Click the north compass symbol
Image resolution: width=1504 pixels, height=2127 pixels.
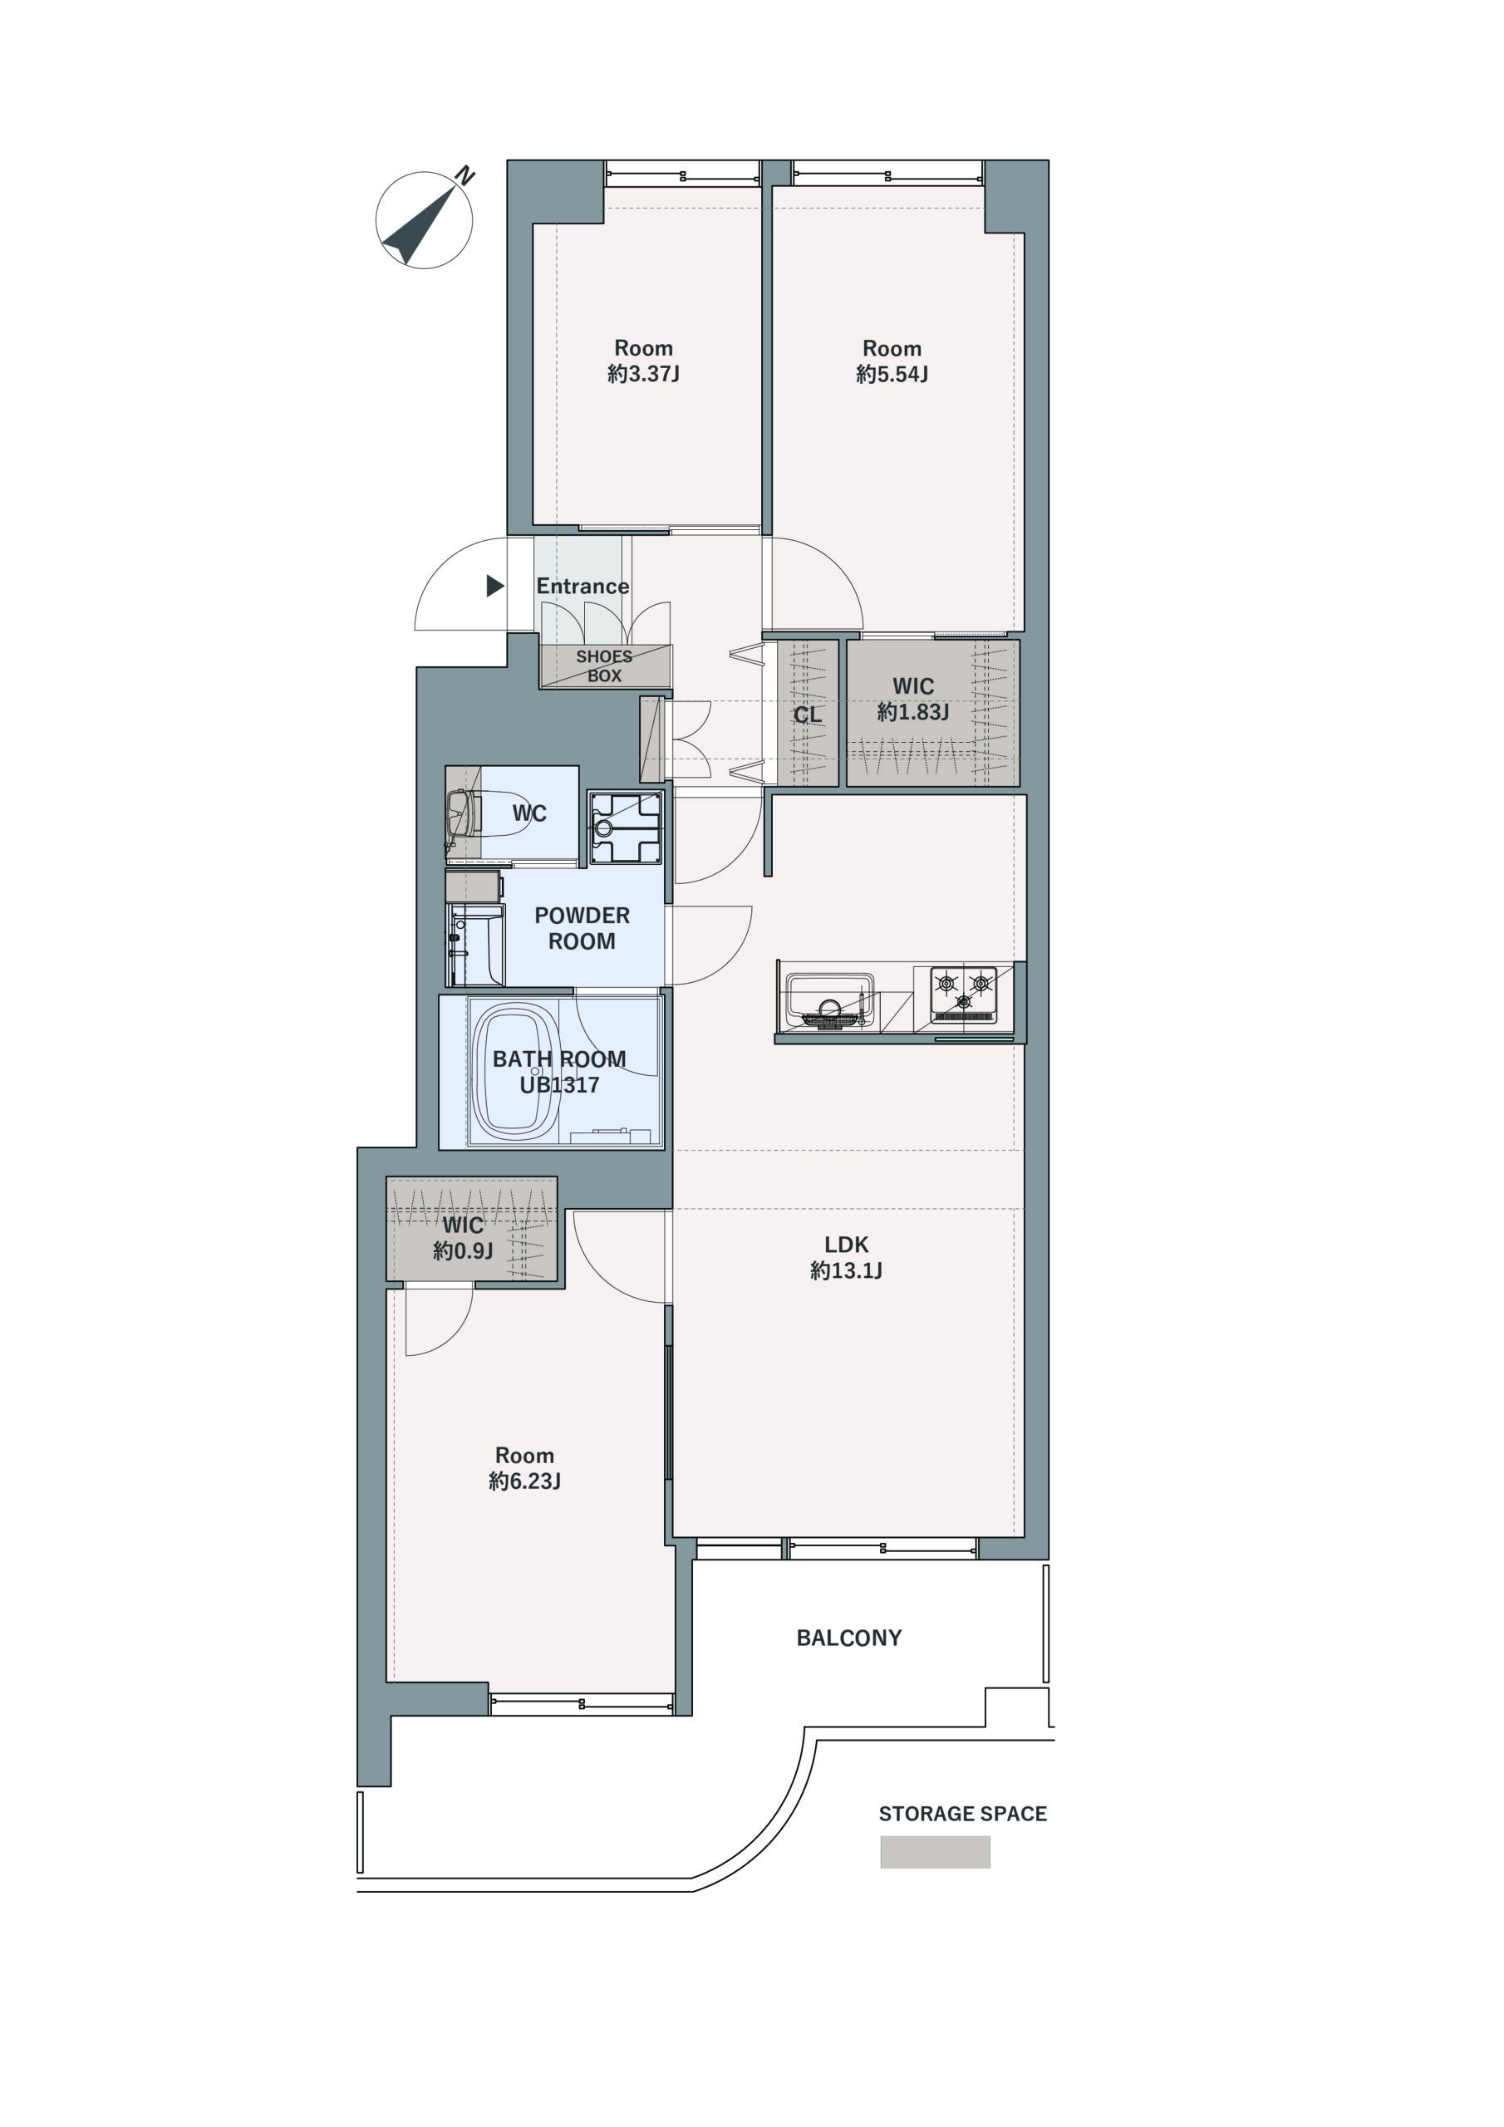pos(425,219)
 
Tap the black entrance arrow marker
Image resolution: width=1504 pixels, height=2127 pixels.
pos(495,586)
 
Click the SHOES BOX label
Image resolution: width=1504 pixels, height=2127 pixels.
pos(604,666)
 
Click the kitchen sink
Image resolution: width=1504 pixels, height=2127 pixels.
pos(829,1000)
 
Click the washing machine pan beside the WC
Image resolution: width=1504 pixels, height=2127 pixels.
pos(626,828)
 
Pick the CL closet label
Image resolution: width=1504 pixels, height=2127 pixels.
pos(807,715)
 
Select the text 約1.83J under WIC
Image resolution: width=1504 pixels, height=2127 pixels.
pos(912,711)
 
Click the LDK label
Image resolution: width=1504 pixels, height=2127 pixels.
pos(846,1244)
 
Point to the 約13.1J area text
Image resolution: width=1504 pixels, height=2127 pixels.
pos(846,1270)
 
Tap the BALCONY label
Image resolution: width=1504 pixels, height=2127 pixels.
pos(849,1637)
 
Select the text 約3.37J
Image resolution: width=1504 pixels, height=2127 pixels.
pos(643,373)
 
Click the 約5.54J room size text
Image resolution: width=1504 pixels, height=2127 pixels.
pos(892,373)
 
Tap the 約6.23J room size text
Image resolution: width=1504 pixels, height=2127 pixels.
pos(524,1481)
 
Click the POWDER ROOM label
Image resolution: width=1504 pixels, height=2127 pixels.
pos(582,927)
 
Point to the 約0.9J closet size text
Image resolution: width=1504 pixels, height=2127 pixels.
pos(462,1250)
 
